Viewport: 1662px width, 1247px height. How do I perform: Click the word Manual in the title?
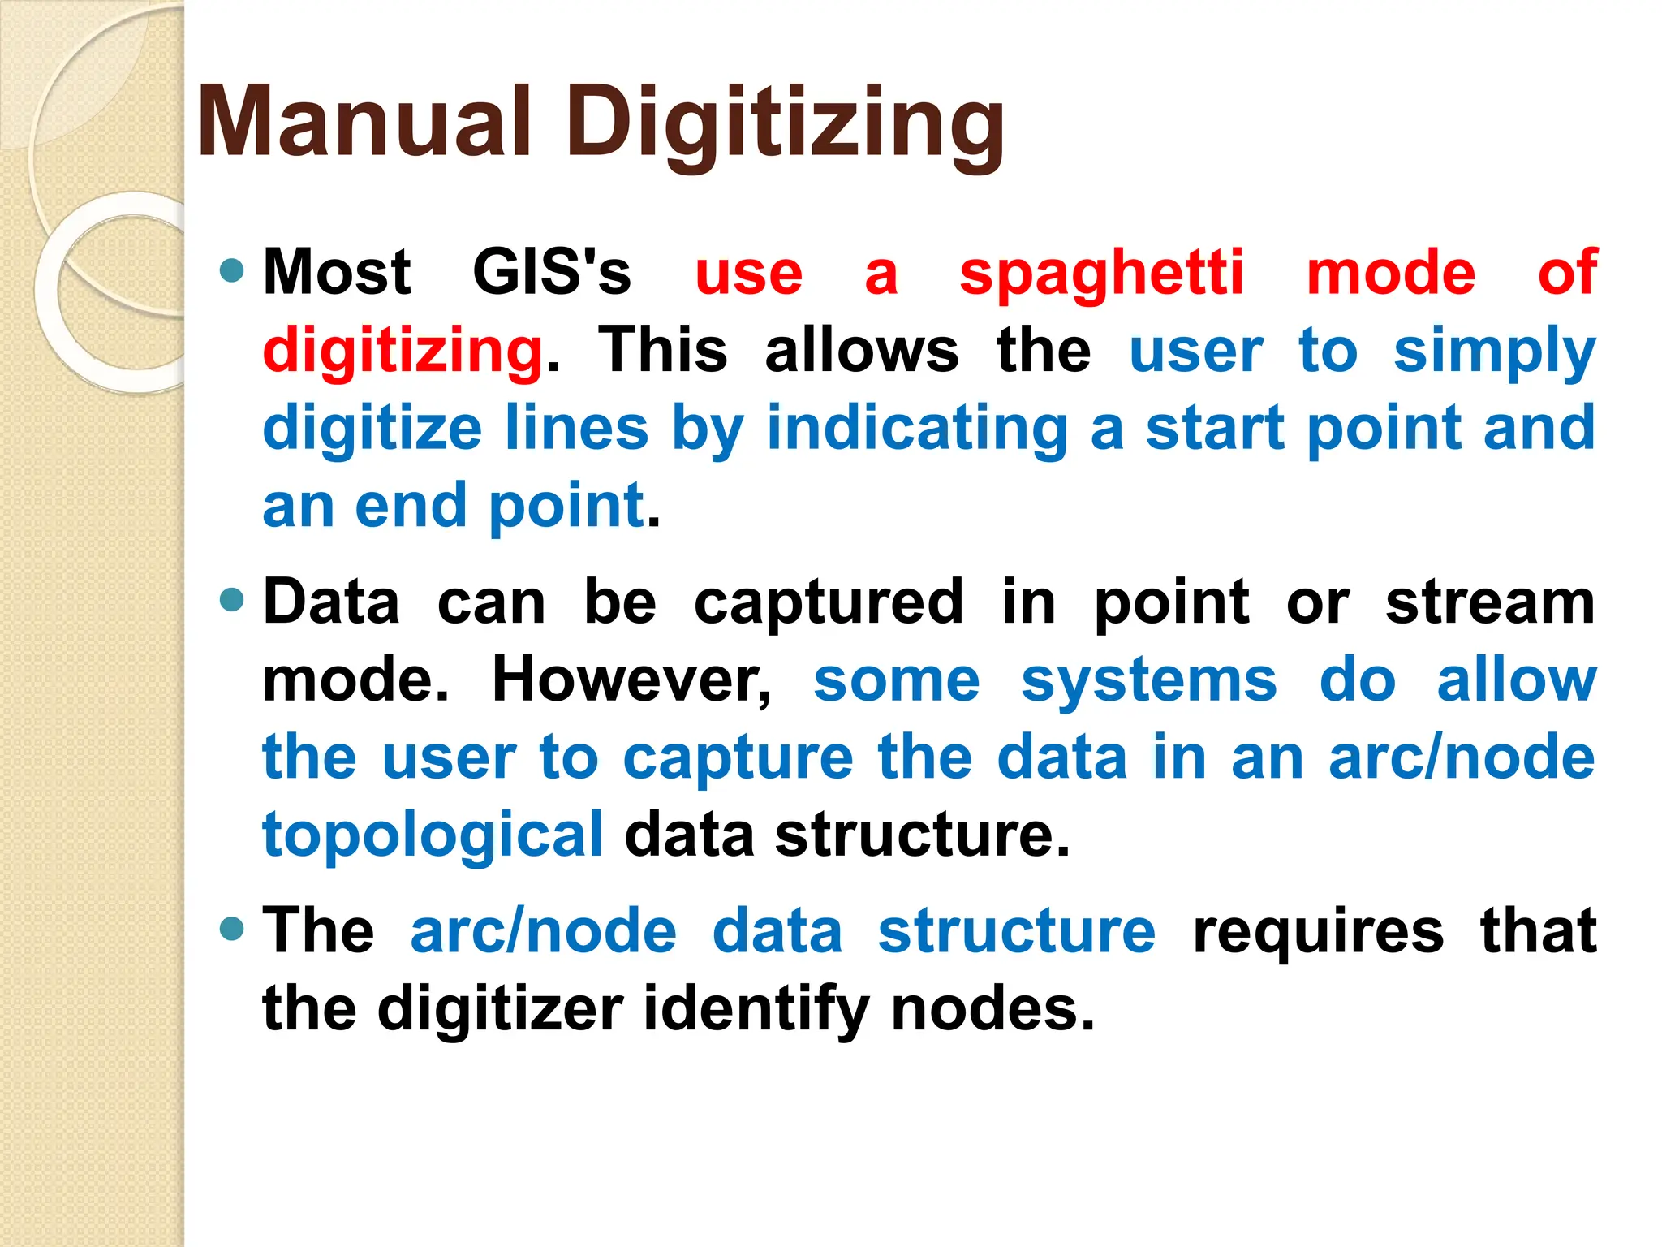(364, 122)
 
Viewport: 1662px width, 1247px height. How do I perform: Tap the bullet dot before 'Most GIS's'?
(232, 270)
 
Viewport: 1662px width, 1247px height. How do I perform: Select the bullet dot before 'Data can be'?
(232, 601)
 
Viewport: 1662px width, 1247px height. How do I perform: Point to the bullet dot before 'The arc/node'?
(232, 929)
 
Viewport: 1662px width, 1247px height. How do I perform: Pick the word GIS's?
(552, 272)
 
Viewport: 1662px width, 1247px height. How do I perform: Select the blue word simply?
(1494, 352)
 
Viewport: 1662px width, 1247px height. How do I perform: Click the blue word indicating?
(917, 428)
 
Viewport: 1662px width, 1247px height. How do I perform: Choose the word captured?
(829, 603)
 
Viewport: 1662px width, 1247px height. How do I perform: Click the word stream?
(1490, 603)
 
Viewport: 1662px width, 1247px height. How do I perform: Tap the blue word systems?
(1149, 680)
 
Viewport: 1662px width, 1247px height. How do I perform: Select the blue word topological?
(433, 836)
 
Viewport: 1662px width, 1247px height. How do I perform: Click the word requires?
(1318, 932)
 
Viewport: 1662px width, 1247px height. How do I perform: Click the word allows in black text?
(862, 351)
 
